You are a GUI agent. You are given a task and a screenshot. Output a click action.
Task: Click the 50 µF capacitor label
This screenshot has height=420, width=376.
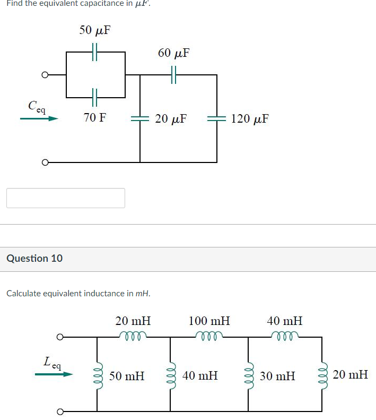95,30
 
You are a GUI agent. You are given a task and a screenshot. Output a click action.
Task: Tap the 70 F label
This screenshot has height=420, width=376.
94,118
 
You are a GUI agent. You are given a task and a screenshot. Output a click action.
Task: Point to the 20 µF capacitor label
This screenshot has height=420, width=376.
171,118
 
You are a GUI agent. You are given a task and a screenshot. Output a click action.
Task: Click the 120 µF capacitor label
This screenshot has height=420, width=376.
250,118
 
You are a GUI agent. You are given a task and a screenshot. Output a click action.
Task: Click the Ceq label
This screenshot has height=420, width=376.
37,106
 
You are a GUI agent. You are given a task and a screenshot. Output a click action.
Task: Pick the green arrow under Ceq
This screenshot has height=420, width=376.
39,119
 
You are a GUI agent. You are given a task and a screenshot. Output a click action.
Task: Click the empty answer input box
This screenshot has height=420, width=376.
66,198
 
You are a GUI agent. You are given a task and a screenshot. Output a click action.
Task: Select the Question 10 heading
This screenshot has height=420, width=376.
34,259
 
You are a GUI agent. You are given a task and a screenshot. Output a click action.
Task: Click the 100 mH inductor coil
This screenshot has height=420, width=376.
209,336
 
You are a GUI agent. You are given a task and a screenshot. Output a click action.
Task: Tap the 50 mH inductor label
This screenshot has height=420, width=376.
127,376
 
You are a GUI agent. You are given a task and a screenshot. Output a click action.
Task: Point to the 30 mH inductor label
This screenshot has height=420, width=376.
277,376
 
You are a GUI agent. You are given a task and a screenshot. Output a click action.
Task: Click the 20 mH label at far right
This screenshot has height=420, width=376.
351,375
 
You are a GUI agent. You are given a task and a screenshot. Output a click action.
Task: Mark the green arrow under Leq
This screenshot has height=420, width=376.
54,374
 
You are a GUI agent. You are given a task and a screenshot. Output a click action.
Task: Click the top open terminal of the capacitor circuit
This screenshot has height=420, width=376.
46,75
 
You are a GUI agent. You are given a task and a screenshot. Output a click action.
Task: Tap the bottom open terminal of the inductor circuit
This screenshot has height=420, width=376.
60,411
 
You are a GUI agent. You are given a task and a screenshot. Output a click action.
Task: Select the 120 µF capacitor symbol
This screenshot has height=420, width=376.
217,118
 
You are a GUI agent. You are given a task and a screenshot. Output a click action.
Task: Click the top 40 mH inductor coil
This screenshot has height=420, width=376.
284,336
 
